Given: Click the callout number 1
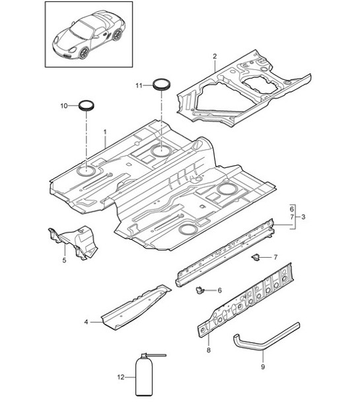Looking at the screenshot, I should tap(104, 132).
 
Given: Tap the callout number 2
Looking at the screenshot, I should tap(215, 57).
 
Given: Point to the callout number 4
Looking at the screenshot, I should tap(86, 322).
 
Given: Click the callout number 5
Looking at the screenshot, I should tap(64, 260).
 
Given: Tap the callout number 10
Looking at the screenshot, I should tap(64, 105).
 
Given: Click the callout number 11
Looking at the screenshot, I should tap(139, 86).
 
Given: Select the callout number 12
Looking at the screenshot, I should tap(120, 378).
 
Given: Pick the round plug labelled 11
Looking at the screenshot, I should tap(161, 84).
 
